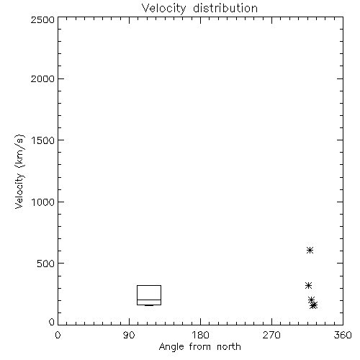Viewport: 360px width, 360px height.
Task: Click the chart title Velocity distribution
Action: pyautogui.click(x=199, y=9)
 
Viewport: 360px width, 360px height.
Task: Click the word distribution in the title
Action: pyautogui.click(x=225, y=8)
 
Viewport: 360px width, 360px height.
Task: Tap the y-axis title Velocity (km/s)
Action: pyautogui.click(x=19, y=171)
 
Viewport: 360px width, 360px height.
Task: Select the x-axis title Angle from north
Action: pyautogui.click(x=200, y=347)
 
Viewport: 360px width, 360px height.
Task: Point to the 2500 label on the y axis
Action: pyautogui.click(x=42, y=20)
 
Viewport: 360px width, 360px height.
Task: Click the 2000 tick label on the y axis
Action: pyautogui.click(x=42, y=78)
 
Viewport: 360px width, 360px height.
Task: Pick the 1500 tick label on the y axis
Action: pyautogui.click(x=43, y=140)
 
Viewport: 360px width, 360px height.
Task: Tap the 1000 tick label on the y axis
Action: pyautogui.click(x=43, y=202)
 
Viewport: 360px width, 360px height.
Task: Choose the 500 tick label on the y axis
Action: pyautogui.click(x=46, y=264)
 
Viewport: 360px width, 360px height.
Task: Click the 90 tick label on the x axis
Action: pyautogui.click(x=129, y=335)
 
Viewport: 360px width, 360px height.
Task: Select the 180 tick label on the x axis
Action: pyautogui.click(x=200, y=335)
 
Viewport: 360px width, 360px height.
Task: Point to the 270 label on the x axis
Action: pyautogui.click(x=271, y=335)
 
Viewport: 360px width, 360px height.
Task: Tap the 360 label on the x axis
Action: pyautogui.click(x=343, y=335)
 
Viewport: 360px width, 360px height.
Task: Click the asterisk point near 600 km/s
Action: pyautogui.click(x=310, y=251)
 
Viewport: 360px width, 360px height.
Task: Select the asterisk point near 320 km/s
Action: pyautogui.click(x=308, y=285)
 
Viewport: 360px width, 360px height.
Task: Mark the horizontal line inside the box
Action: pyautogui.click(x=149, y=300)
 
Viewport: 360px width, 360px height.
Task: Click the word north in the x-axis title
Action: pyautogui.click(x=229, y=347)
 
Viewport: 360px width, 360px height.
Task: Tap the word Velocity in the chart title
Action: pyautogui.click(x=163, y=9)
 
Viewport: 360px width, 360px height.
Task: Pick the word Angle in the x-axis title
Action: pyautogui.click(x=171, y=347)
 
